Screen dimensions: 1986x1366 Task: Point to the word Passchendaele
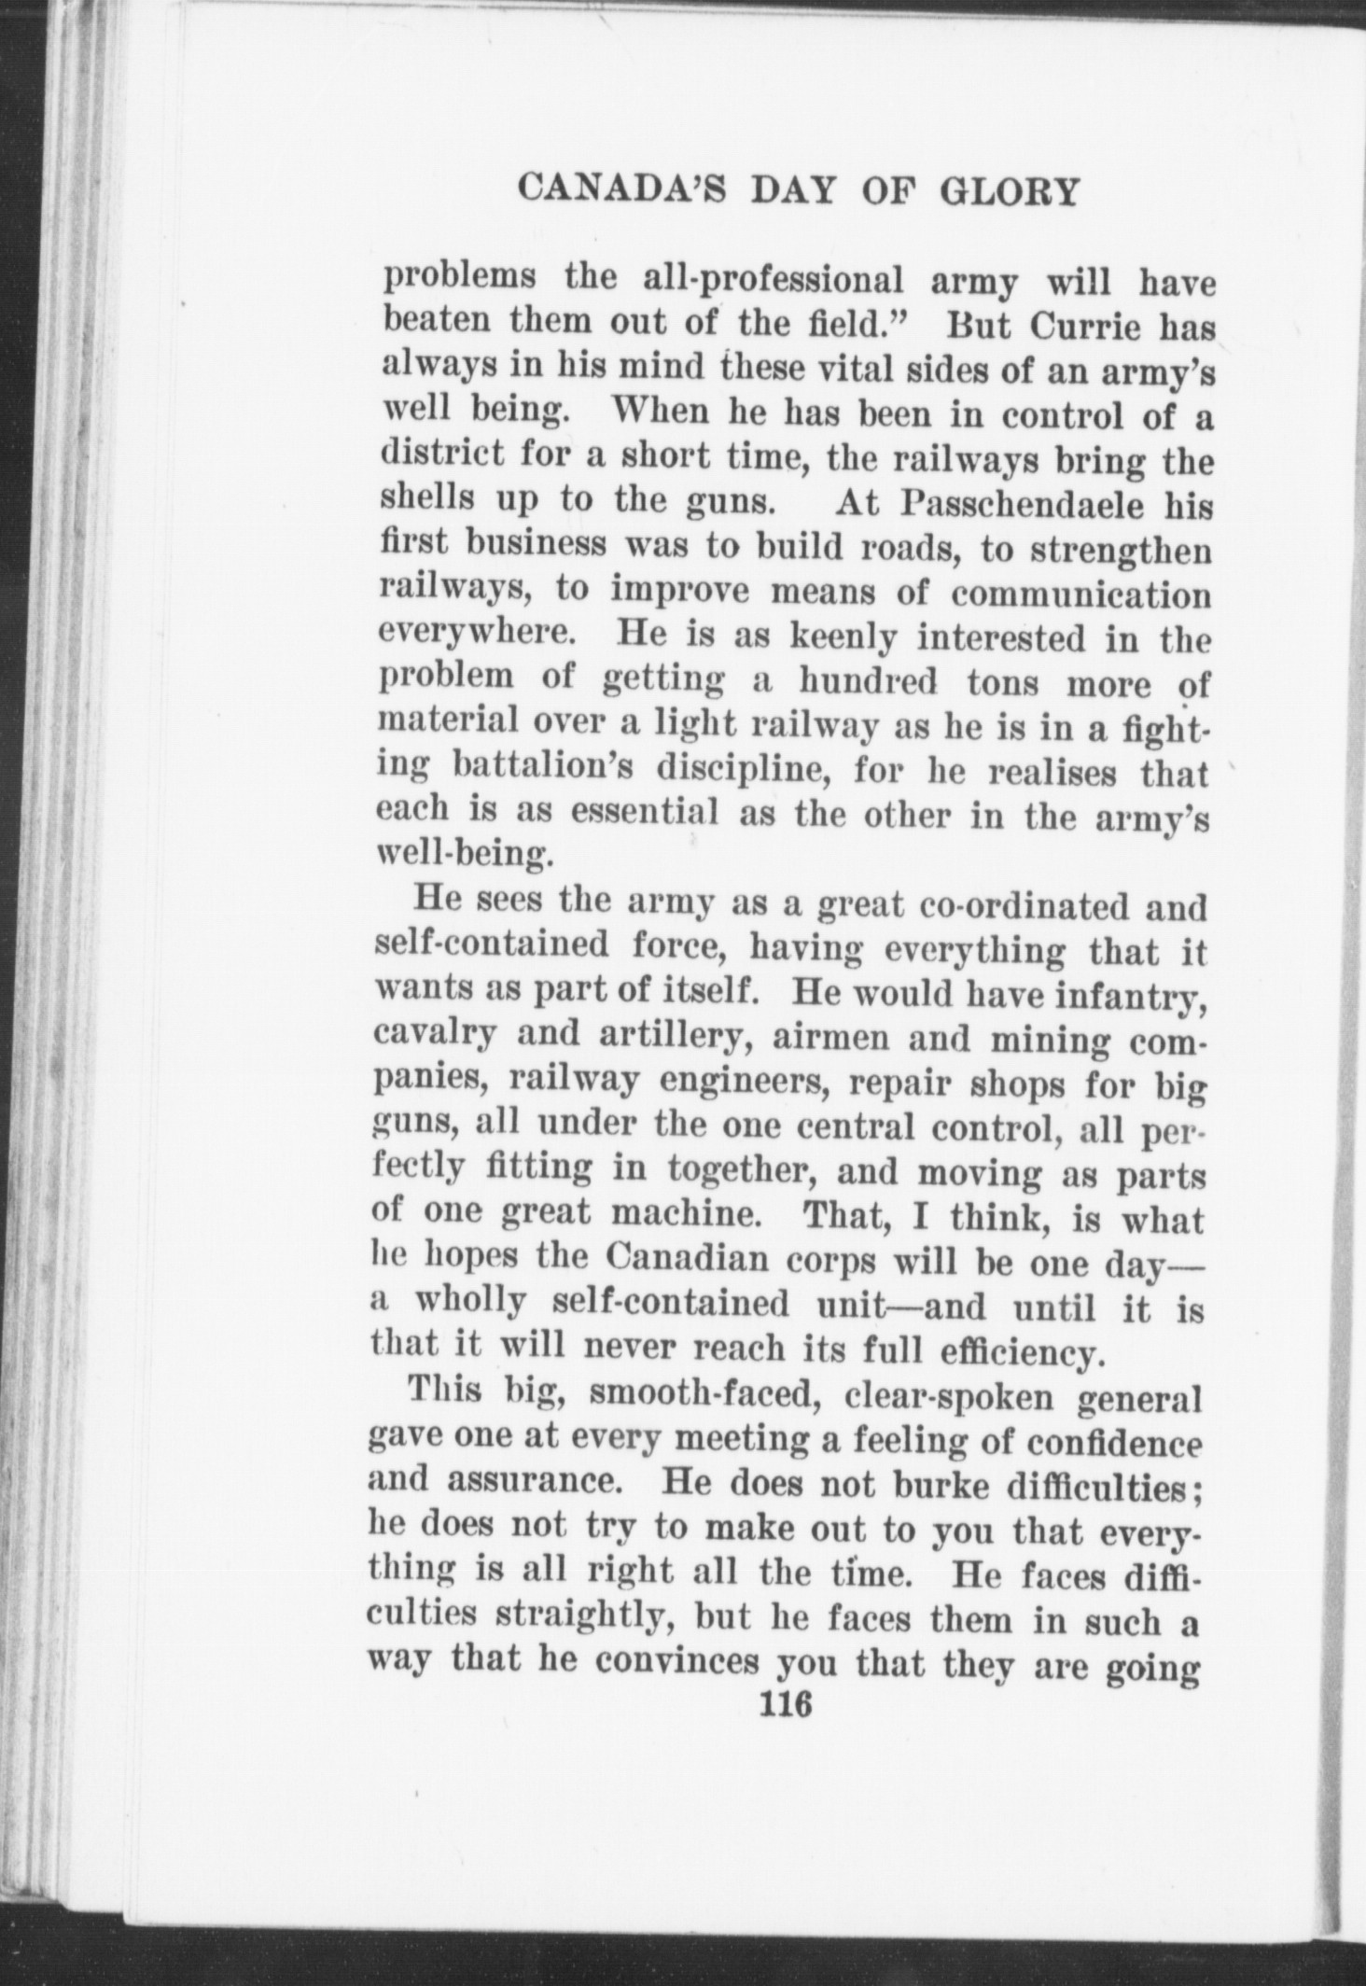1011,505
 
